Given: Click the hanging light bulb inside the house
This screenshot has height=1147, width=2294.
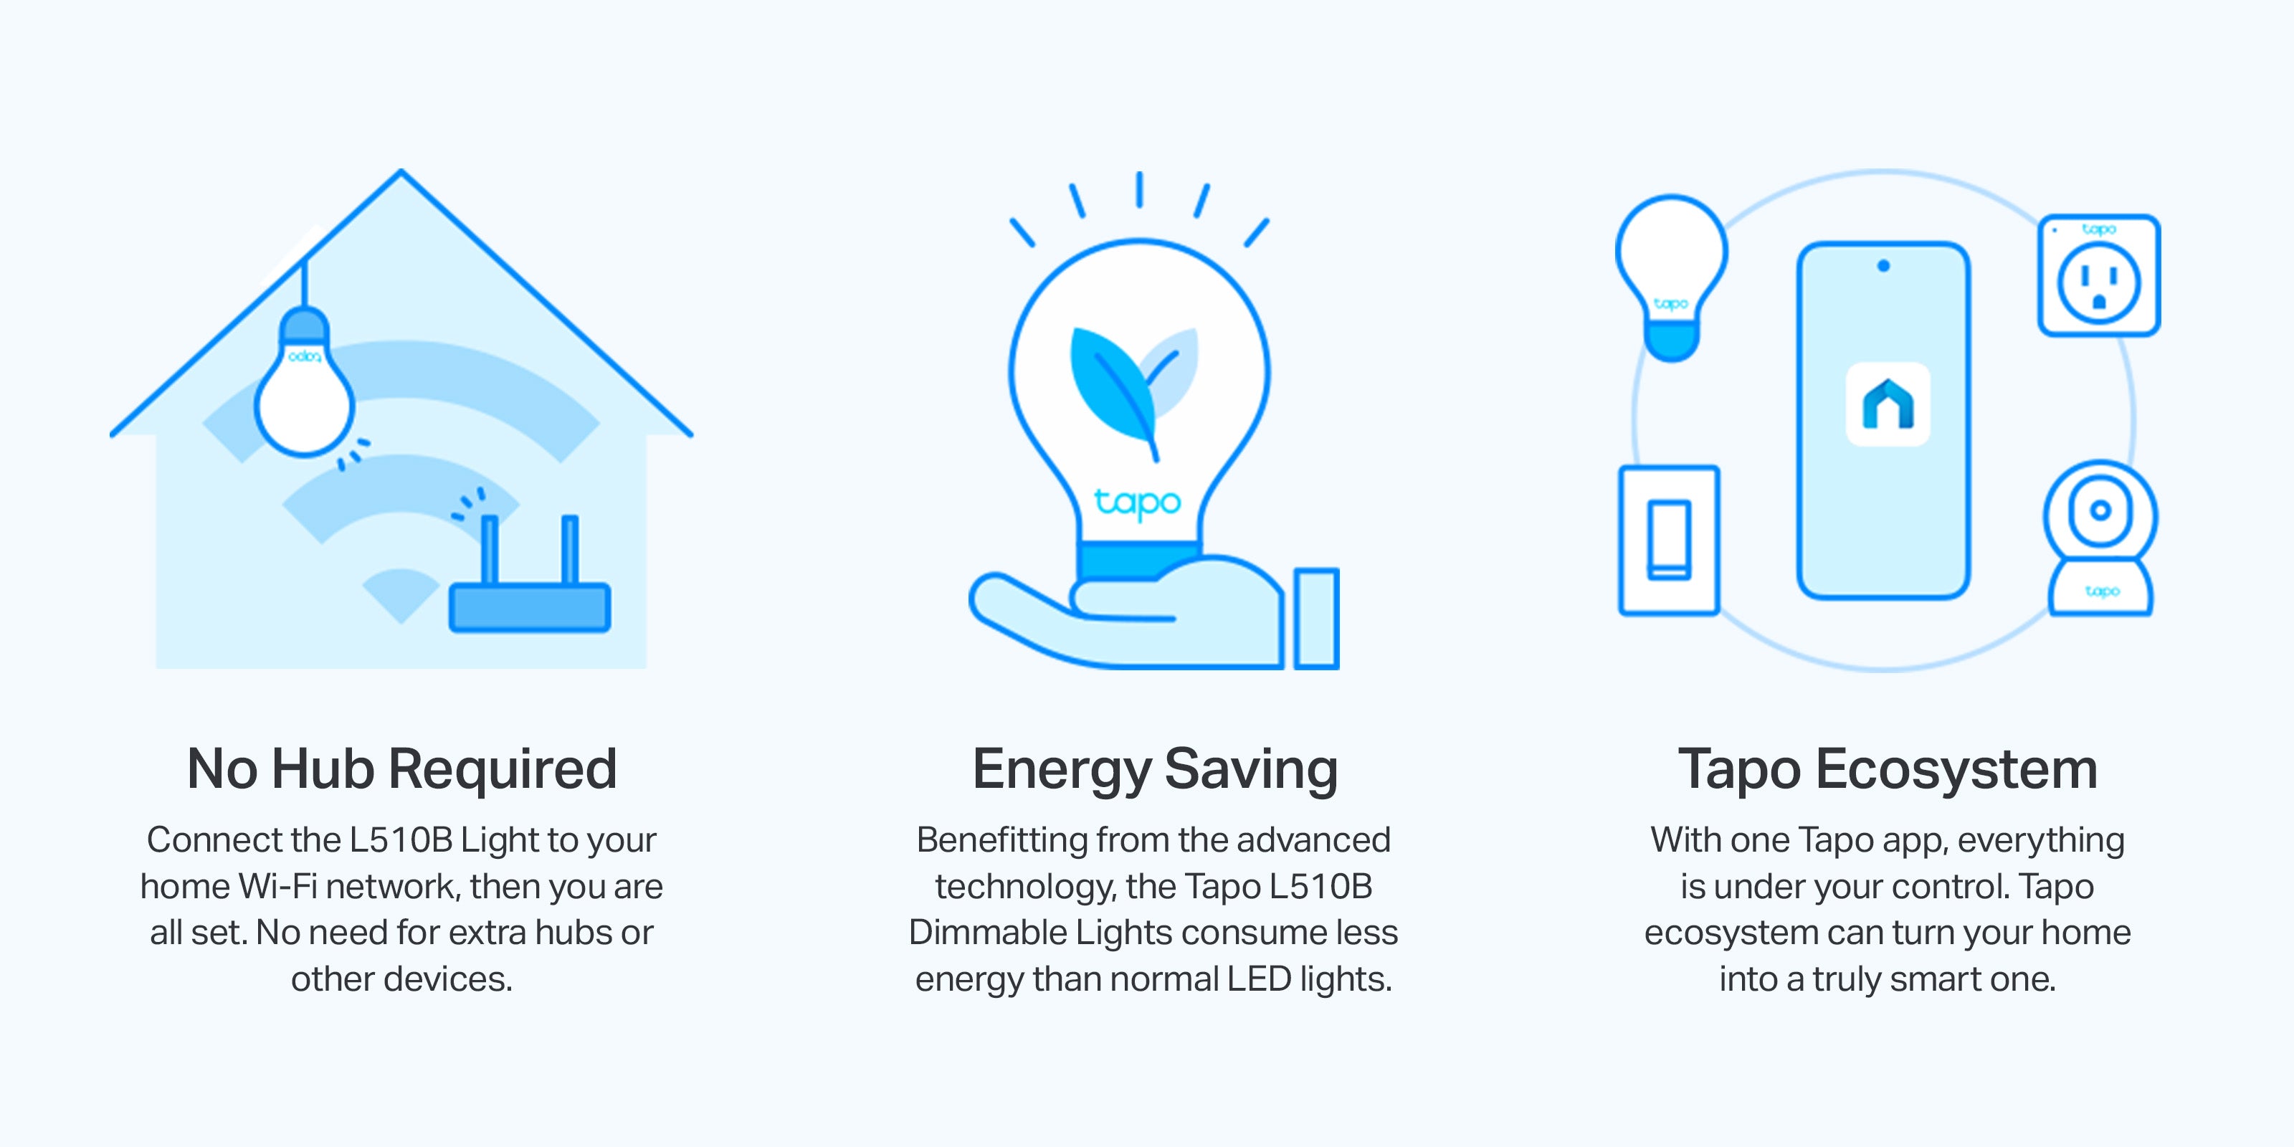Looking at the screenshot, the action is [305, 383].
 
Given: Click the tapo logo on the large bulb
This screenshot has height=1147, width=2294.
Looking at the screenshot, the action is [1137, 503].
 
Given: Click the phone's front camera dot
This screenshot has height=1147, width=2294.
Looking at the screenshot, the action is [1883, 265].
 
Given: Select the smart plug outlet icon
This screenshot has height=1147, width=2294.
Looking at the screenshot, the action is [2099, 275].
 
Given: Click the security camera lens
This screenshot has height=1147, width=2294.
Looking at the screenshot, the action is [2100, 510].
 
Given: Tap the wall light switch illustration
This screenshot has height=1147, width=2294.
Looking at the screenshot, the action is [1669, 540].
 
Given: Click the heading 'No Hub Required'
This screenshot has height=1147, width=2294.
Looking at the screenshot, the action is [401, 768].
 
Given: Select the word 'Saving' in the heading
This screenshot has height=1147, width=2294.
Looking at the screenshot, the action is [1250, 769].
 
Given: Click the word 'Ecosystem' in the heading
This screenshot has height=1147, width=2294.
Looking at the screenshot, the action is [1956, 769].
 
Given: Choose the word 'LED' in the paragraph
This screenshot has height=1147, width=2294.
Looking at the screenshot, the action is [1258, 979].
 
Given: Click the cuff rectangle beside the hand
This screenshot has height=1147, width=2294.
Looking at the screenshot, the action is [1316, 618].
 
